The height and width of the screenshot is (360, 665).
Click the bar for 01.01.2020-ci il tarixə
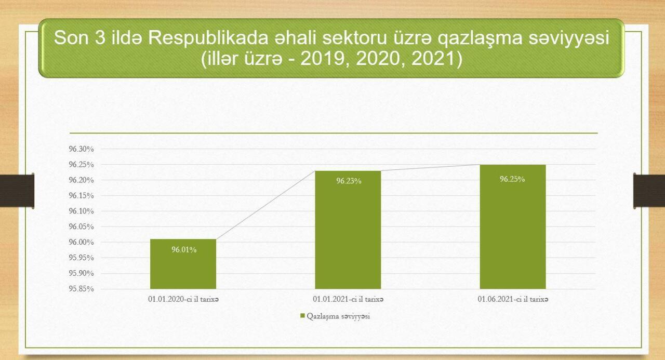(183, 264)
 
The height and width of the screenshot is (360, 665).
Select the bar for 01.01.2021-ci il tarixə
(348, 230)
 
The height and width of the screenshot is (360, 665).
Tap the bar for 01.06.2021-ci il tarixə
(513, 226)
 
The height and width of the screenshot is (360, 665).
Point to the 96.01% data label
(184, 250)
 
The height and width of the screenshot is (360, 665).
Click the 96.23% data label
(349, 181)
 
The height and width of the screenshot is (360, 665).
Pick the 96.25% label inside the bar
(512, 179)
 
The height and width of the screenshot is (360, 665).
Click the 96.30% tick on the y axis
(82, 149)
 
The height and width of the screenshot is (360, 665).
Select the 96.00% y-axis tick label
(82, 242)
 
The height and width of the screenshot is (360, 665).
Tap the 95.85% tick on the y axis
(82, 289)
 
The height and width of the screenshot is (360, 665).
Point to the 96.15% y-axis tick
(82, 195)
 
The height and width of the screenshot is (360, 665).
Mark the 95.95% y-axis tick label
(82, 258)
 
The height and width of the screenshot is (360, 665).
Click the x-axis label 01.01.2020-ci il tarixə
(183, 299)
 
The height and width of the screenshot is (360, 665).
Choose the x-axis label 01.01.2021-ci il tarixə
(348, 299)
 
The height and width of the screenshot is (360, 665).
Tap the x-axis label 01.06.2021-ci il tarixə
(513, 299)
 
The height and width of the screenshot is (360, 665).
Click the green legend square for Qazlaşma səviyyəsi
(302, 316)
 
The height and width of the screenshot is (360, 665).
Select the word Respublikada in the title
(208, 38)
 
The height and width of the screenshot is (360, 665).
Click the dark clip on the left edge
(17, 191)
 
